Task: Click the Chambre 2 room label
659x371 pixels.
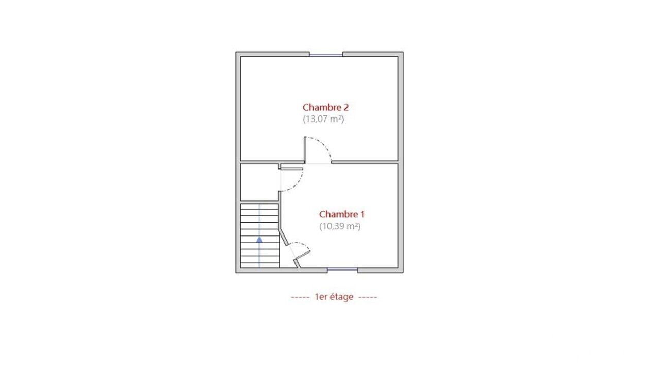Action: point(325,107)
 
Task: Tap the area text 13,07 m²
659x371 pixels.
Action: point(323,119)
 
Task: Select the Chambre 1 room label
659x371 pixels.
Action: point(342,214)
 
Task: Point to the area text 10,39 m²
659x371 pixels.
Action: point(340,226)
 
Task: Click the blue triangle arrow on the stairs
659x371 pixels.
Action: point(259,240)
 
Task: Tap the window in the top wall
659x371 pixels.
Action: point(326,55)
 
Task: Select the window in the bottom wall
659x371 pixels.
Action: point(342,269)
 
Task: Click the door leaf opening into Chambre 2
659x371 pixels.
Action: point(305,149)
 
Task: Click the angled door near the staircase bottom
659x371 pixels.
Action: point(303,255)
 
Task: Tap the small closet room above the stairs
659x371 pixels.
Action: point(259,182)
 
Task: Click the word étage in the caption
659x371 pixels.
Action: point(341,297)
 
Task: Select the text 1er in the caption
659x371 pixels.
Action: point(321,297)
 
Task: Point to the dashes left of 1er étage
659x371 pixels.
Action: point(300,297)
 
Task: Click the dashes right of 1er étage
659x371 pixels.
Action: point(368,297)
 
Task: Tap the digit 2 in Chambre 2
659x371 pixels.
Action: point(346,107)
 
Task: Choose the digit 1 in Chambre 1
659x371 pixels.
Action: point(362,214)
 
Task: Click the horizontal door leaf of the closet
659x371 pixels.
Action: point(291,168)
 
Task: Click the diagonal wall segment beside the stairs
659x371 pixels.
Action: point(284,236)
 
